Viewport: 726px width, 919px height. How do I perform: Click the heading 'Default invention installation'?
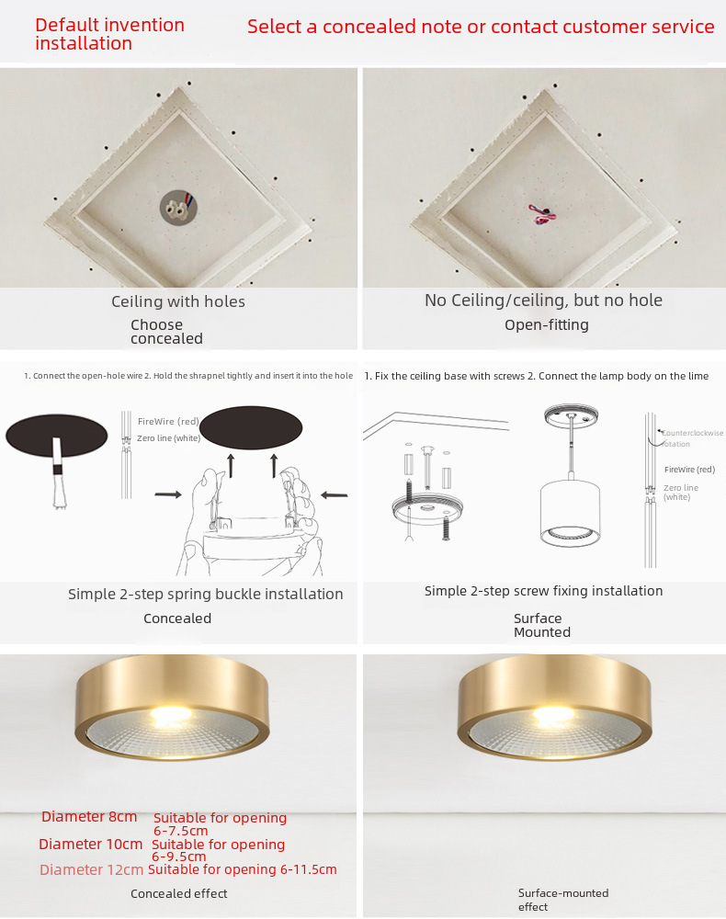click(109, 34)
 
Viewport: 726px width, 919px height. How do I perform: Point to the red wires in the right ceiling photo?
click(541, 214)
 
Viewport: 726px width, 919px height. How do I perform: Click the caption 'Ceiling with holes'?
click(178, 301)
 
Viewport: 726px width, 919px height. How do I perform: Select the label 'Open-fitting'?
click(547, 325)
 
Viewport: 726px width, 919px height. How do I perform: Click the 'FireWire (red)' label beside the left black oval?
click(168, 422)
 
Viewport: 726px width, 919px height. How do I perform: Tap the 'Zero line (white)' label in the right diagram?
click(681, 493)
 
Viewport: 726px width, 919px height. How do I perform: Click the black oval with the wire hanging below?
click(56, 436)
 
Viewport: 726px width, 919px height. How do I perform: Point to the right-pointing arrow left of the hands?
click(168, 494)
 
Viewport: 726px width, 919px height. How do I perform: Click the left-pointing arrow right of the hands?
click(335, 495)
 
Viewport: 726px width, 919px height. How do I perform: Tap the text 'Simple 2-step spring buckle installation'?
click(206, 595)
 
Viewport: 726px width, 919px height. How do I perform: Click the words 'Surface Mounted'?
click(542, 625)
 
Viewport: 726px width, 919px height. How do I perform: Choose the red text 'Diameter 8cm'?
click(89, 817)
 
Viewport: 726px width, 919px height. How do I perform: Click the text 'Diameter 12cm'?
click(91, 870)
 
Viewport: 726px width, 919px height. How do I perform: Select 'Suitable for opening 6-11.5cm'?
click(243, 869)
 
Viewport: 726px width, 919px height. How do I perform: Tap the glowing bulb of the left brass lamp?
click(171, 714)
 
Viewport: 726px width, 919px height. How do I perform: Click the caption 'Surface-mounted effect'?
click(563, 901)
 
